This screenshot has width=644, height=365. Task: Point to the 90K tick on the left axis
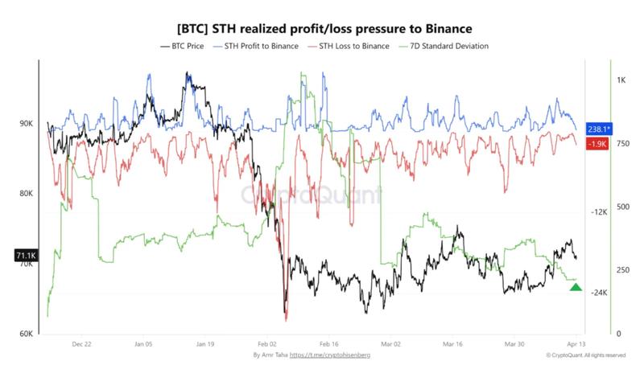coord(26,124)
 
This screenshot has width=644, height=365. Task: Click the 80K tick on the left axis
coord(26,194)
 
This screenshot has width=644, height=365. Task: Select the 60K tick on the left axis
coord(26,334)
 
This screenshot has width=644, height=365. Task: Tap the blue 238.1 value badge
coord(599,129)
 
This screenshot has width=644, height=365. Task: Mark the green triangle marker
coord(576,287)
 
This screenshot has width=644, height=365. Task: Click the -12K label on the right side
coord(598,212)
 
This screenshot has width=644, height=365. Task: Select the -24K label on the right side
coord(598,293)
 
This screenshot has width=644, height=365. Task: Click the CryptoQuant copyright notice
coord(585,355)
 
